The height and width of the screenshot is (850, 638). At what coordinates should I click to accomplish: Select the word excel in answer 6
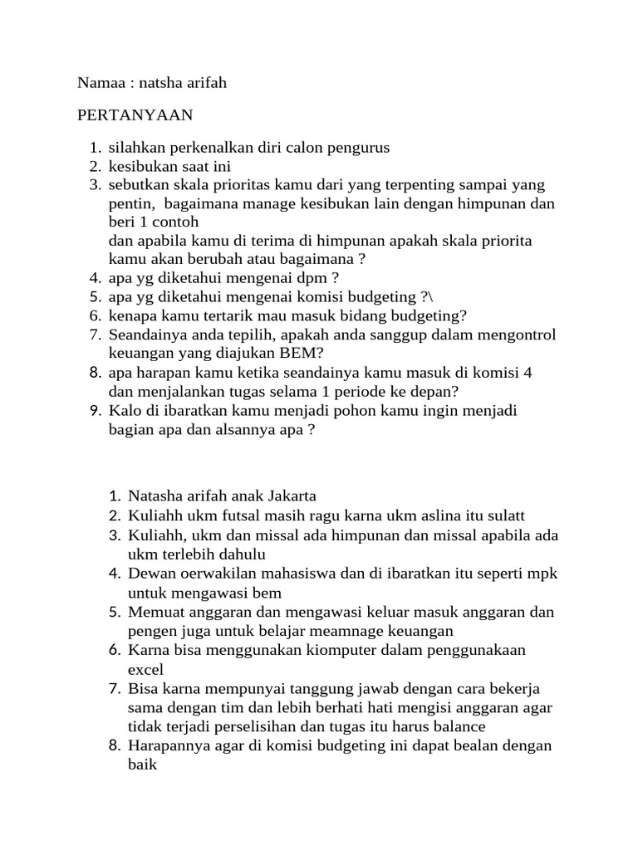146,669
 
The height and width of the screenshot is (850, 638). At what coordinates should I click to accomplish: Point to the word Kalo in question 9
125,410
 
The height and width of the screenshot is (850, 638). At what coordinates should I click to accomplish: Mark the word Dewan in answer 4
150,573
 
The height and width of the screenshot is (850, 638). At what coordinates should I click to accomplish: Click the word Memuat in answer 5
154,612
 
